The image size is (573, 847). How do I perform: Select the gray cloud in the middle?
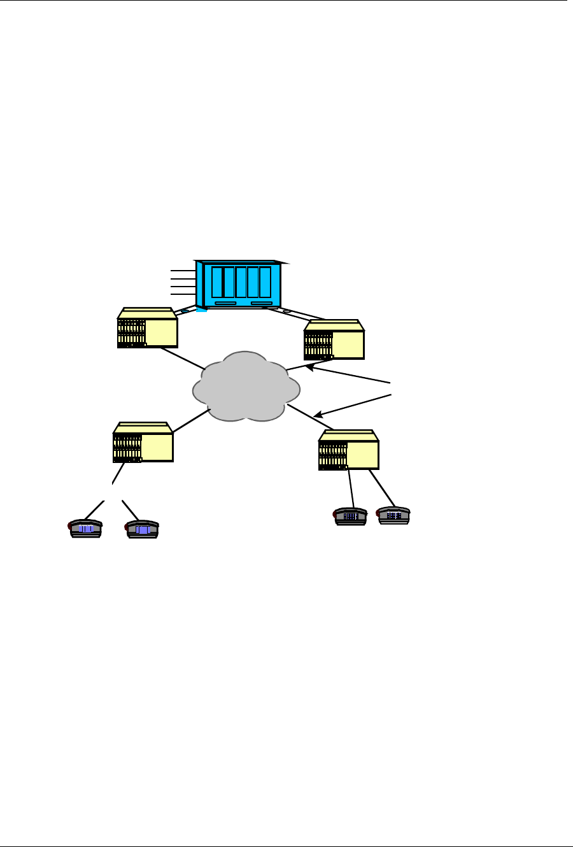246,387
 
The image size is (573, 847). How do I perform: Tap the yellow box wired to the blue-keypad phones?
143,442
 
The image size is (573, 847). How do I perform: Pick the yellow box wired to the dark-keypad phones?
349,450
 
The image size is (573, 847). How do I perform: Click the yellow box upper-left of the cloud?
147,328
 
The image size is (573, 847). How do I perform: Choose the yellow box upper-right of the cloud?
334,340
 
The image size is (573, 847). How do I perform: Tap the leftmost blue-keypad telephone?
85,529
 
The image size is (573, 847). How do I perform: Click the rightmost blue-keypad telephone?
143,529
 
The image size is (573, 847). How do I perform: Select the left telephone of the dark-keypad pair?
350,516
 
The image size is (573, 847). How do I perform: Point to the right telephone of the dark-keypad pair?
393,515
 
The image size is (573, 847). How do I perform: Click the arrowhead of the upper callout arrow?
308,367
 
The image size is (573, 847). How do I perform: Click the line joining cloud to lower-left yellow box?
191,422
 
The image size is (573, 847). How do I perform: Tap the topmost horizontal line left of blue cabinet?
183,271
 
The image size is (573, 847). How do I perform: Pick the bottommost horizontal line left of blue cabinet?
183,294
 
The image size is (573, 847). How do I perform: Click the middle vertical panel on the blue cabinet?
241,282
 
